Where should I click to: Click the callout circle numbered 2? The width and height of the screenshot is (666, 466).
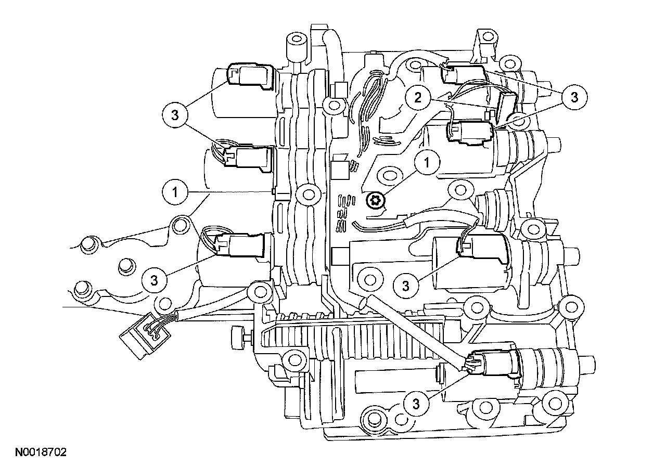tap(418, 97)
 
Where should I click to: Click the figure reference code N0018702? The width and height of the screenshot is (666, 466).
tap(41, 452)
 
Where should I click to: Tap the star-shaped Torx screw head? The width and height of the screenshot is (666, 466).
tap(376, 201)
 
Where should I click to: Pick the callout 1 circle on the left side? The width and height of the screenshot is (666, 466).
tap(175, 192)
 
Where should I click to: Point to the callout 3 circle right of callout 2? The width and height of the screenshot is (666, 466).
tap(574, 97)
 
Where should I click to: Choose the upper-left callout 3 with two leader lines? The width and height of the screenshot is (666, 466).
tap(175, 115)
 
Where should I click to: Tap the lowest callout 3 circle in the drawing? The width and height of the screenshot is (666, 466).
tap(416, 404)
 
